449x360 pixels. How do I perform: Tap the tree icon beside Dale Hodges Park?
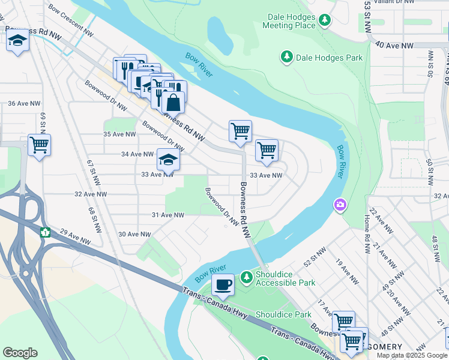(x=286, y=57)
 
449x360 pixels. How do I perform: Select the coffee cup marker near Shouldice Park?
(x=223, y=284)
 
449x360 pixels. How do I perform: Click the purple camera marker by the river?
(x=340, y=206)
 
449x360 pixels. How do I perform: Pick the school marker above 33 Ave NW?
(x=168, y=160)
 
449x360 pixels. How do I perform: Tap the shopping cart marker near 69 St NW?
(x=39, y=145)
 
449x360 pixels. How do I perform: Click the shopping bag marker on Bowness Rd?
(x=173, y=102)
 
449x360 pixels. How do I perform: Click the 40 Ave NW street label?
(x=394, y=46)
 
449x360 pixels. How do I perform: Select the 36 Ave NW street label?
(x=23, y=103)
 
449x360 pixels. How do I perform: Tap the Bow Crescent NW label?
(x=71, y=21)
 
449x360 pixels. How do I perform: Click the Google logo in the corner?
(x=20, y=353)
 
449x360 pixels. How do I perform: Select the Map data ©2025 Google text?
(x=411, y=355)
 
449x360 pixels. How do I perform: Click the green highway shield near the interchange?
(x=45, y=232)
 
